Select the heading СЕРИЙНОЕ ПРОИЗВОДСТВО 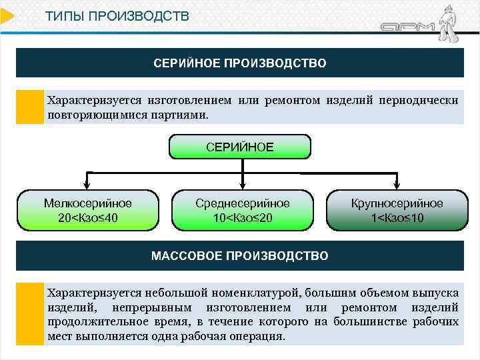240,63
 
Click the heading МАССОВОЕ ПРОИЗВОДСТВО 240,256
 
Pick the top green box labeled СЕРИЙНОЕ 239,147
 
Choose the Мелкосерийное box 87,210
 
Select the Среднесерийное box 243,210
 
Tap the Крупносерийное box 397,210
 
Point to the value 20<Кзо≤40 87,218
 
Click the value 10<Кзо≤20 243,218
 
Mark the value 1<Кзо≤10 397,218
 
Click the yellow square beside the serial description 29,107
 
